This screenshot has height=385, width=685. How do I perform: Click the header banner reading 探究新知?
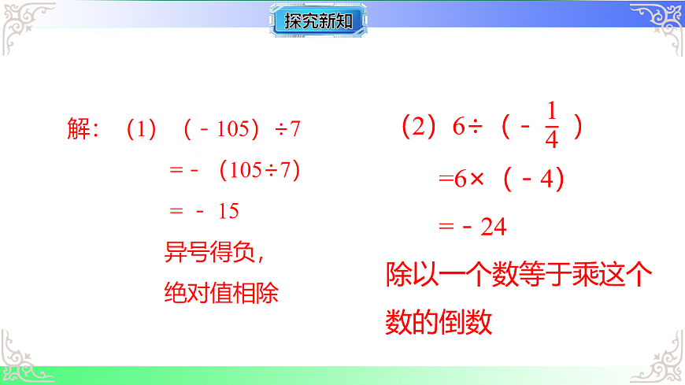coord(320,21)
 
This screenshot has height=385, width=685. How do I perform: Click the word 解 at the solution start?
coord(80,129)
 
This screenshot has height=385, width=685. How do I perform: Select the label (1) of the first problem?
coord(142,129)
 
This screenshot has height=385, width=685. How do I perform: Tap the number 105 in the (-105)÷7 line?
coord(232,129)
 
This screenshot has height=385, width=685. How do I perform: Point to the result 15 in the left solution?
coord(228,211)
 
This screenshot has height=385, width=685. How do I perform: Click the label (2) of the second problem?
coord(418,127)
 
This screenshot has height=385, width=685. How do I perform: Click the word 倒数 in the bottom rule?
coord(465,321)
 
